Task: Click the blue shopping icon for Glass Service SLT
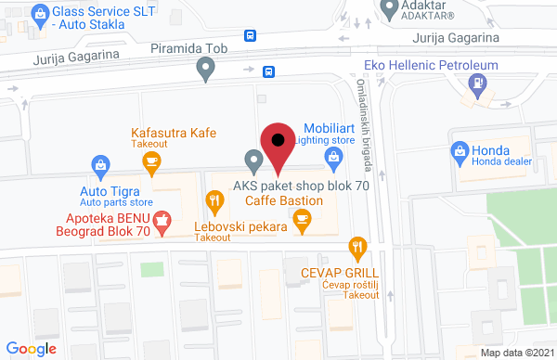39,13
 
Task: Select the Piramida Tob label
192,46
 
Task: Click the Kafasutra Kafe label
174,133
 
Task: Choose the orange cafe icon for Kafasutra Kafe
153,161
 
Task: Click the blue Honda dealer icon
459,152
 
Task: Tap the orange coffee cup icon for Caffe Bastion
300,218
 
